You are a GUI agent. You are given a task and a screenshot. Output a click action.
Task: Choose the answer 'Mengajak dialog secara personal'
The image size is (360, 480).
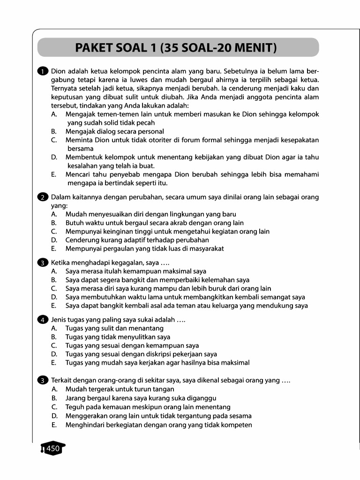click(114, 131)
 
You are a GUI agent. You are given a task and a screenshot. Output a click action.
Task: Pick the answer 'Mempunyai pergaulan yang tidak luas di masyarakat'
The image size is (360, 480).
click(144, 248)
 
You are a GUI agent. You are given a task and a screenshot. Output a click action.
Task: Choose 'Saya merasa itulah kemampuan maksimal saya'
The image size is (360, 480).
click(135, 271)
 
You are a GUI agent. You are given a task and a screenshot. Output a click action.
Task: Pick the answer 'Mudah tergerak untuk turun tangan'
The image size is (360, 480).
click(120, 389)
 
